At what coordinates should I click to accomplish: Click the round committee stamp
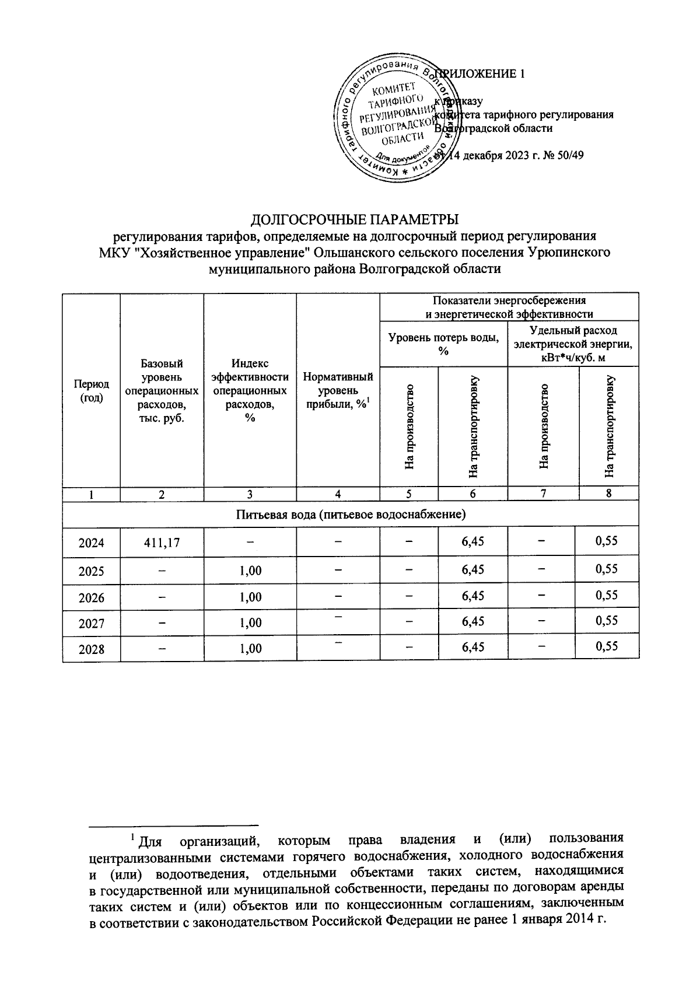tap(395, 122)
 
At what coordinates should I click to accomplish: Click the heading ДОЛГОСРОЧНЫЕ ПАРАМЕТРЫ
tap(355, 220)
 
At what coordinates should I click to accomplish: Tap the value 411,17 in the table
tap(162, 543)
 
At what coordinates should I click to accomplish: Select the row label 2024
tap(91, 543)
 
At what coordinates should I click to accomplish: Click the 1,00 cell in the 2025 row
tap(250, 571)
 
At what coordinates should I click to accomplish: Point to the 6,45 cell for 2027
tap(473, 622)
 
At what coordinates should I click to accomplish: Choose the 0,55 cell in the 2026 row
tap(606, 596)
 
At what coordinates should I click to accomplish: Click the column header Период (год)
tap(91, 391)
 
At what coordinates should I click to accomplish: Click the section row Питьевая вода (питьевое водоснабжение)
tap(351, 515)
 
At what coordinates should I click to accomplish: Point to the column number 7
tap(543, 494)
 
